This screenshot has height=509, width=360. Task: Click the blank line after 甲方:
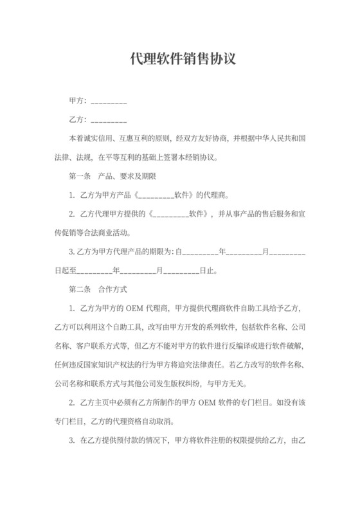(109, 102)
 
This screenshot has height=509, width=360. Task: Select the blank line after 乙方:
(109, 120)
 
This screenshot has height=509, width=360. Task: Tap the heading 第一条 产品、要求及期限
(109, 175)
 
